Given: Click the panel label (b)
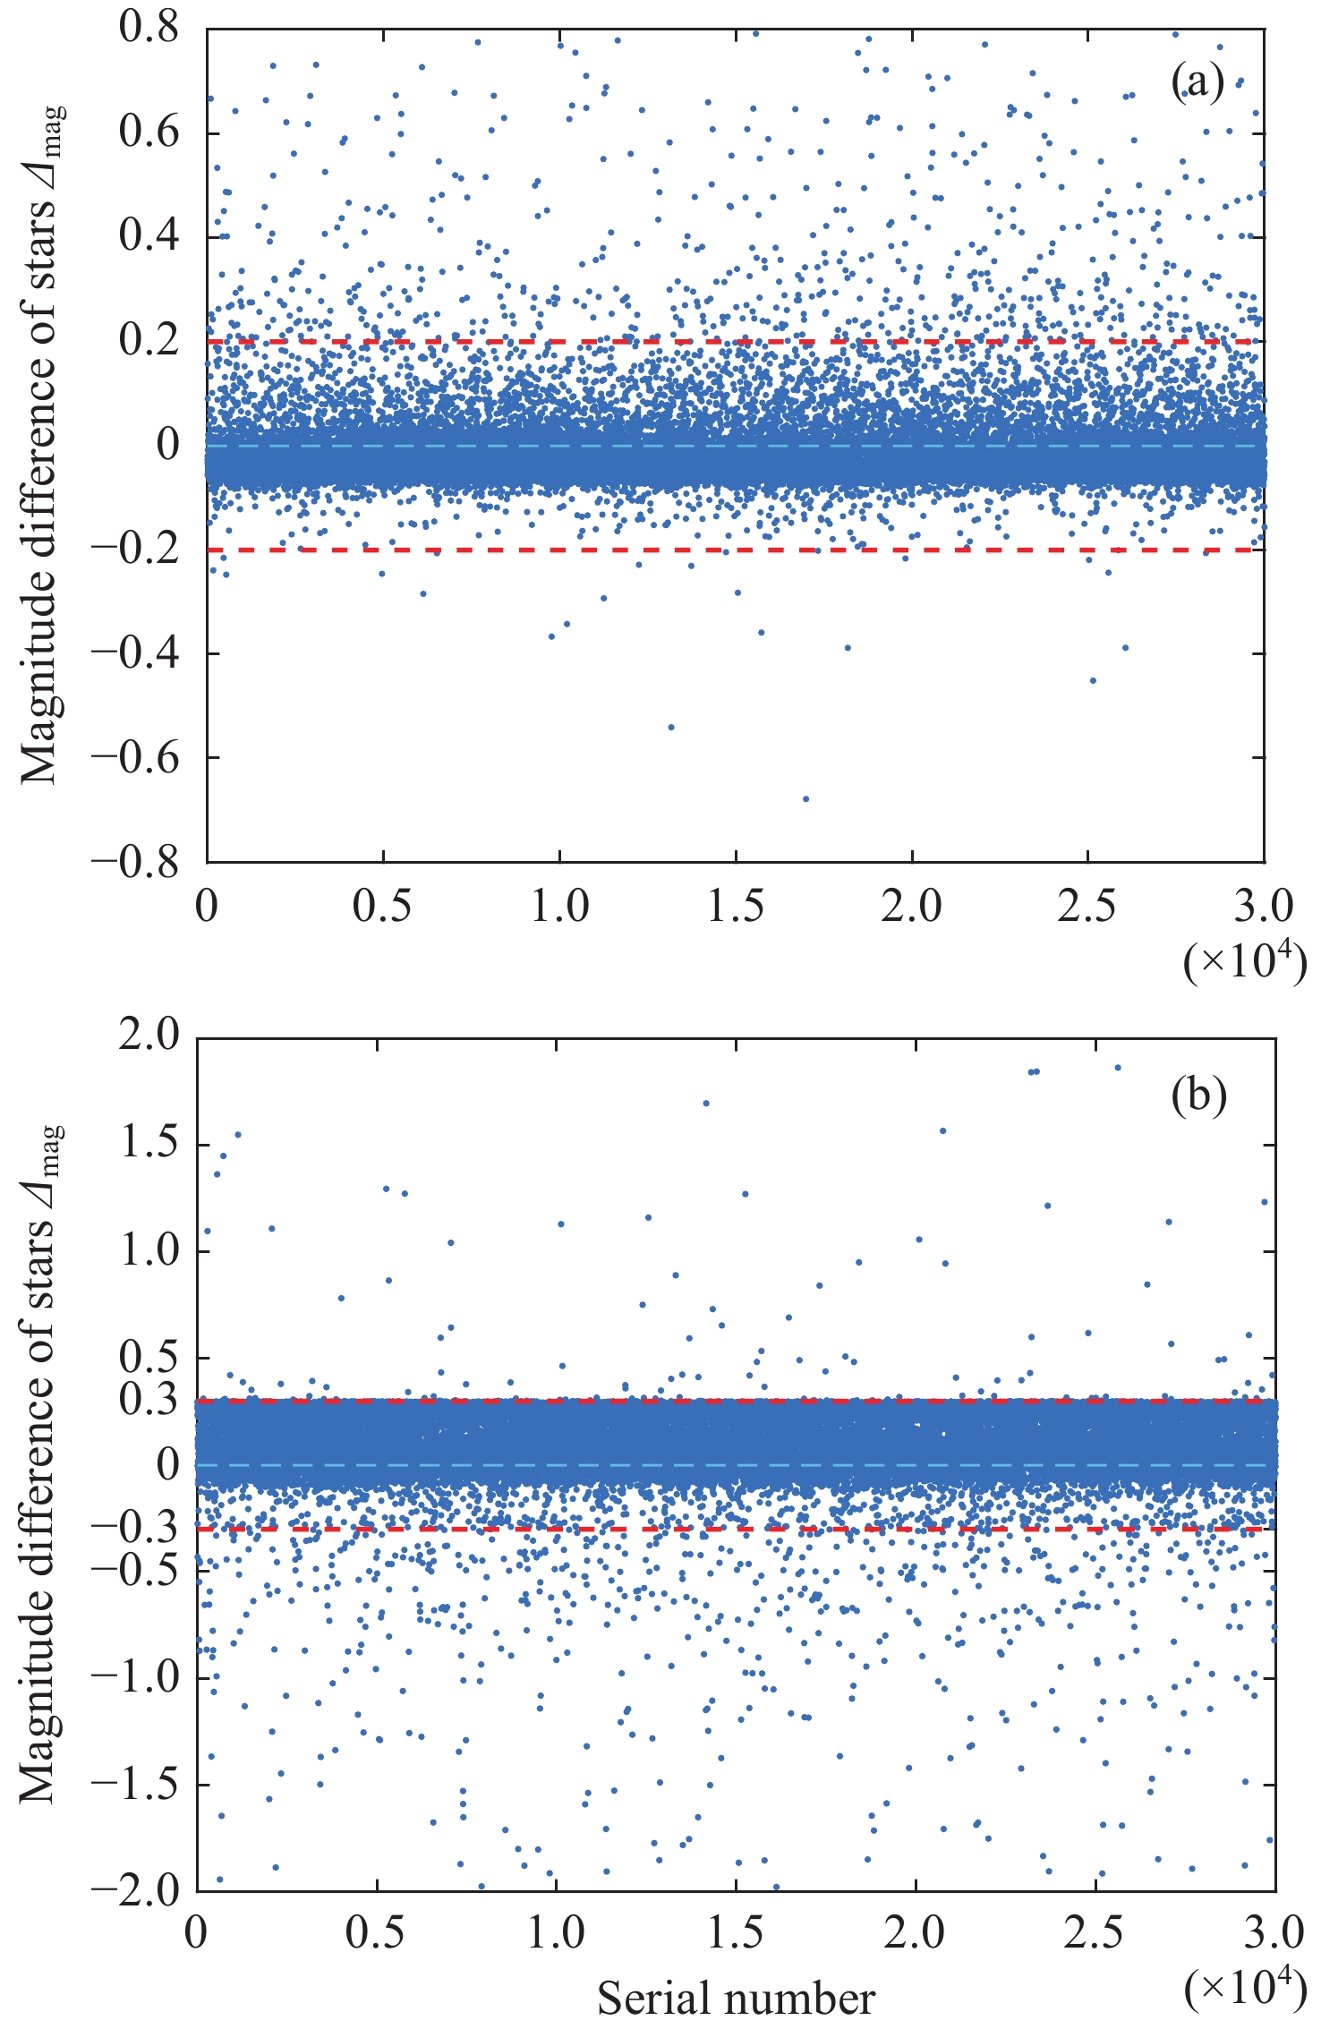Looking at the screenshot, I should (1198, 1096).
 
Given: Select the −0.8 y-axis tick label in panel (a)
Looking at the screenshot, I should (135, 861).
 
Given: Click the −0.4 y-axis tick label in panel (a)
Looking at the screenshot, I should (135, 652).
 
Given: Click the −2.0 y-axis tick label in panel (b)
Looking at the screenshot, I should (135, 1889).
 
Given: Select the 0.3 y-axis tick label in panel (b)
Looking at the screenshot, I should (149, 1401).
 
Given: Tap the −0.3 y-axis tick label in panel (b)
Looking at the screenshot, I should (135, 1530).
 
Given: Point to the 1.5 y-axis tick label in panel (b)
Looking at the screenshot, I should (149, 1144).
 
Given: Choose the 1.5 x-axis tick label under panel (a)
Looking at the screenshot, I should (736, 906).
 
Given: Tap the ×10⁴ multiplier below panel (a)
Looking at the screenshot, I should (1244, 962).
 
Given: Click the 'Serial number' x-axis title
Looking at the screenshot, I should (736, 1999).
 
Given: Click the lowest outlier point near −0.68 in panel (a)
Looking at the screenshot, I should (805, 798).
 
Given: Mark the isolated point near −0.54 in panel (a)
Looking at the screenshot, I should (671, 727).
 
